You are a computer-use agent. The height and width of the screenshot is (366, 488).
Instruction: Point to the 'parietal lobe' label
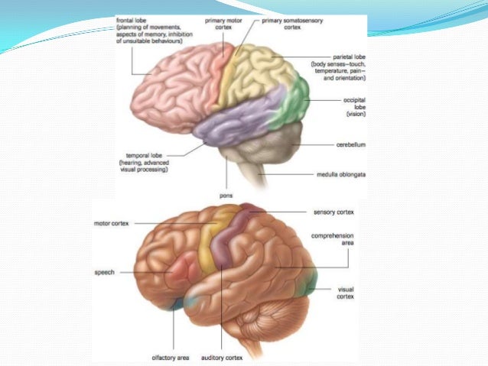coord(350,57)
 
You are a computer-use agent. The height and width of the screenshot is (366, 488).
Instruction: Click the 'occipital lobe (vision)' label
coord(353,108)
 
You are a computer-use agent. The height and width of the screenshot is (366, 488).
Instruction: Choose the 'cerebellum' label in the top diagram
coord(350,142)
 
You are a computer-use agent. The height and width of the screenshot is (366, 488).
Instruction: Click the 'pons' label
coord(226,196)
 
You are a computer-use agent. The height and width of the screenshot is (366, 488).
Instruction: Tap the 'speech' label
coord(104,271)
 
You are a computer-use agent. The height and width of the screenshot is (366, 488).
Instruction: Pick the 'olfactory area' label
coord(173,355)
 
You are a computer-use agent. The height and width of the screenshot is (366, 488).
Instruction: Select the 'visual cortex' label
coord(345,293)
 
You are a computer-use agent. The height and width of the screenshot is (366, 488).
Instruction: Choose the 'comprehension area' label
coord(332,241)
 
